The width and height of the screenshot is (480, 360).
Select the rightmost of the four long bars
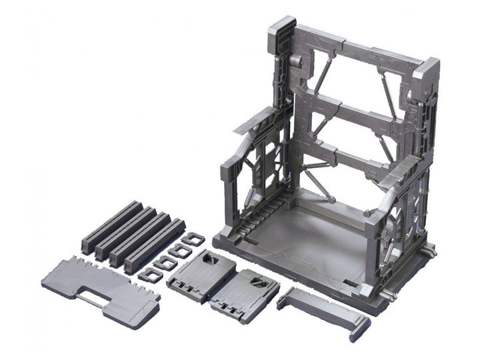point(155,245)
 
